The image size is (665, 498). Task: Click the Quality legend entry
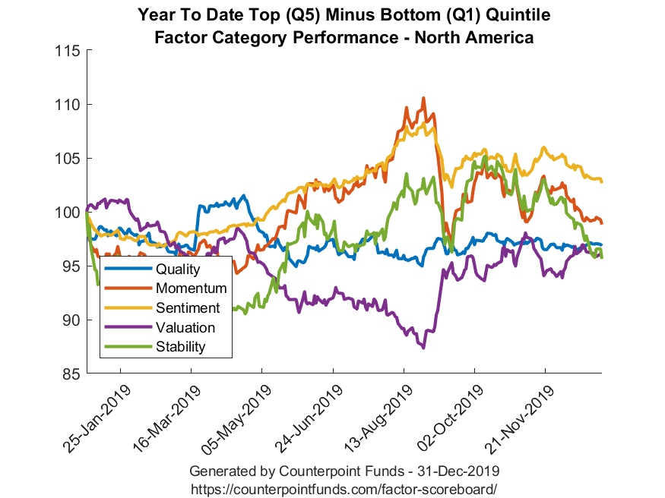(x=177, y=269)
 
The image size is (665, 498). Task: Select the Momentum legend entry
(x=191, y=288)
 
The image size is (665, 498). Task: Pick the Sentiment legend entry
(x=187, y=308)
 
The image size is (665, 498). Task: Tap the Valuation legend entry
(x=185, y=328)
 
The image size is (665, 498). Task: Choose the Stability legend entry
(x=181, y=348)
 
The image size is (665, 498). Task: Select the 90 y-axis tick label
(x=72, y=320)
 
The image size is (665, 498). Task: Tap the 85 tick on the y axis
(x=72, y=374)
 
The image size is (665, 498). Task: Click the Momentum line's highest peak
(x=423, y=98)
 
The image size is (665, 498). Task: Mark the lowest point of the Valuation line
(x=423, y=348)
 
